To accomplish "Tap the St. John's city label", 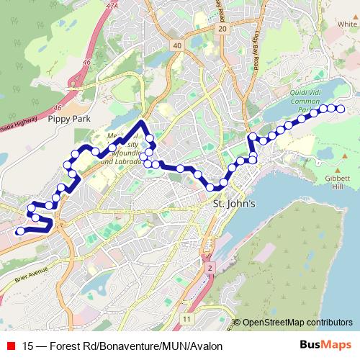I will (235, 204).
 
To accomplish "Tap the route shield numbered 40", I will (177, 45).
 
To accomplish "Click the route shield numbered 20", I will (222, 28).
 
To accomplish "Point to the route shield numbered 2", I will (210, 268).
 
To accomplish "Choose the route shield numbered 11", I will (187, 318).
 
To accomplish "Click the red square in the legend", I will (9, 346).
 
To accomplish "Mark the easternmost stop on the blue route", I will (341, 109).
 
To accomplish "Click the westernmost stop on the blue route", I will (20, 230).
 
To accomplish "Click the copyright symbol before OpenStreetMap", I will (237, 323).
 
